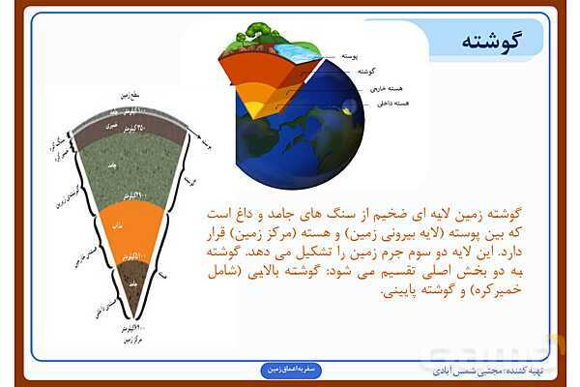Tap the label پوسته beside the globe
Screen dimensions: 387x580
[355, 57]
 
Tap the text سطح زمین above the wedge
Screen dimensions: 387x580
[140, 94]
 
